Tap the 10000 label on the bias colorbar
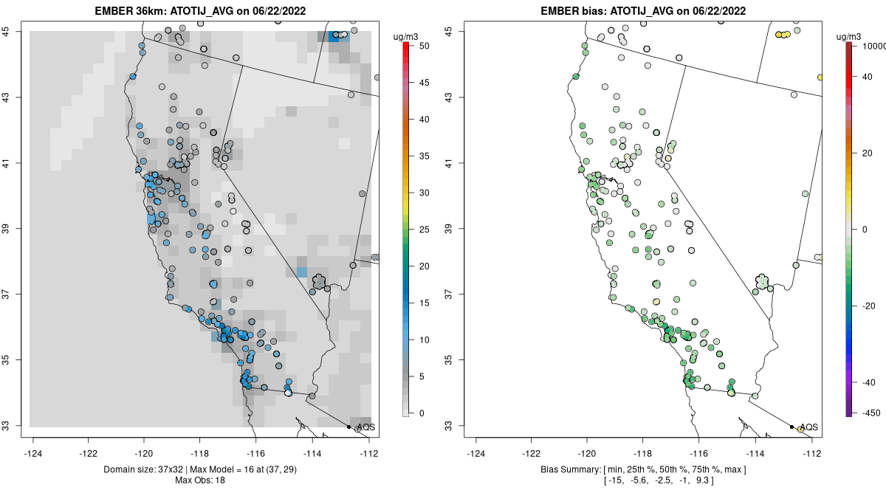pos(868,46)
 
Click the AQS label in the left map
pos(365,427)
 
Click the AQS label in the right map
pos(808,427)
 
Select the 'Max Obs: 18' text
pos(203,480)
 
